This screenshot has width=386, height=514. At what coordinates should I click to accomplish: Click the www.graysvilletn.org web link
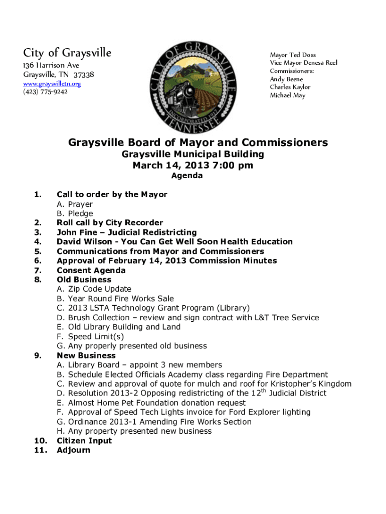click(x=52, y=84)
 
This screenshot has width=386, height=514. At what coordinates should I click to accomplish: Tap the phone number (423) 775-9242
click(x=46, y=92)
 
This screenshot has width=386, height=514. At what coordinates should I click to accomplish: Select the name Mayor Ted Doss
click(x=293, y=55)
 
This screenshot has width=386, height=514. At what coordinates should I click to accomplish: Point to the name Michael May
click(x=287, y=95)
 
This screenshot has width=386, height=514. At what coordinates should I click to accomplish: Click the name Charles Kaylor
click(x=290, y=87)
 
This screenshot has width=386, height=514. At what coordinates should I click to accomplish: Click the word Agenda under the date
click(x=187, y=176)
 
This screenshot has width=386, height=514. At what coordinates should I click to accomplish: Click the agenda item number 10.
click(x=41, y=441)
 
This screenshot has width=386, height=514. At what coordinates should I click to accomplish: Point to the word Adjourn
click(x=73, y=450)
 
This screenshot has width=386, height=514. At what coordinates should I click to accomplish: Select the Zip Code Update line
click(x=94, y=289)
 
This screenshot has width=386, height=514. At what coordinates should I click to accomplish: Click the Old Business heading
click(x=84, y=280)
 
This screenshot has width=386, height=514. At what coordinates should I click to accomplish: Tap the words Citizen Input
click(x=84, y=441)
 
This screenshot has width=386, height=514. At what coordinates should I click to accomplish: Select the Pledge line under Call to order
click(x=75, y=213)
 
